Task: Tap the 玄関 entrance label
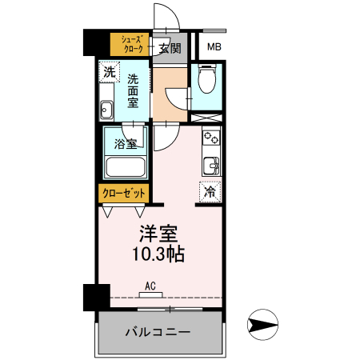[x=169, y=48]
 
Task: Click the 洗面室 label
[x=133, y=91]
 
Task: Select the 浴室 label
[x=125, y=145]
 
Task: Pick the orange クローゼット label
[x=122, y=194]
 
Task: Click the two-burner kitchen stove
[x=211, y=138]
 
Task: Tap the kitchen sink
[x=211, y=166]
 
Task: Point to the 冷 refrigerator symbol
[x=210, y=192]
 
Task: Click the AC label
[x=150, y=285]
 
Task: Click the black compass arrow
[x=263, y=326]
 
